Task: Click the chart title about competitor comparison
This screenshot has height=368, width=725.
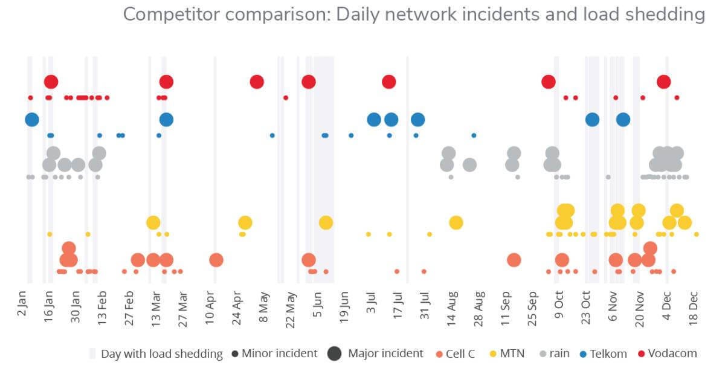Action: click(x=414, y=15)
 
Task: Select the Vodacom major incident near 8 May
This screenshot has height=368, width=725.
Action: click(x=257, y=82)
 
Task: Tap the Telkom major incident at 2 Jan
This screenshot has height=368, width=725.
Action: click(x=32, y=120)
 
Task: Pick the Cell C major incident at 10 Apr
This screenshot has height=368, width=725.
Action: click(x=216, y=260)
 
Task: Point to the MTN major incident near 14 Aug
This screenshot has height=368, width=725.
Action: click(x=456, y=222)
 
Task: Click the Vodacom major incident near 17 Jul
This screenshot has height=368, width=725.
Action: click(x=389, y=82)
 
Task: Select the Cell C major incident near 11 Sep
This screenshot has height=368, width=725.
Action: click(x=514, y=260)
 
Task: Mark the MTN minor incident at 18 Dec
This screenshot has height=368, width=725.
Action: click(x=697, y=234)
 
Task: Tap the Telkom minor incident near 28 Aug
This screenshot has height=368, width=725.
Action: click(x=474, y=135)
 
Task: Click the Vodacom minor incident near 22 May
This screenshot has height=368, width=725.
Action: click(x=286, y=97)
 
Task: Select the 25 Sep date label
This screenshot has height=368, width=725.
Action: click(x=532, y=308)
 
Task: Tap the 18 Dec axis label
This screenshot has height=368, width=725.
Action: click(x=694, y=308)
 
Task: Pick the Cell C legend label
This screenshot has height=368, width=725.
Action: click(x=462, y=353)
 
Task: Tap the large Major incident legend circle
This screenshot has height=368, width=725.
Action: click(x=334, y=353)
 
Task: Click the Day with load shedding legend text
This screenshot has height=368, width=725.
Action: click(x=161, y=353)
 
